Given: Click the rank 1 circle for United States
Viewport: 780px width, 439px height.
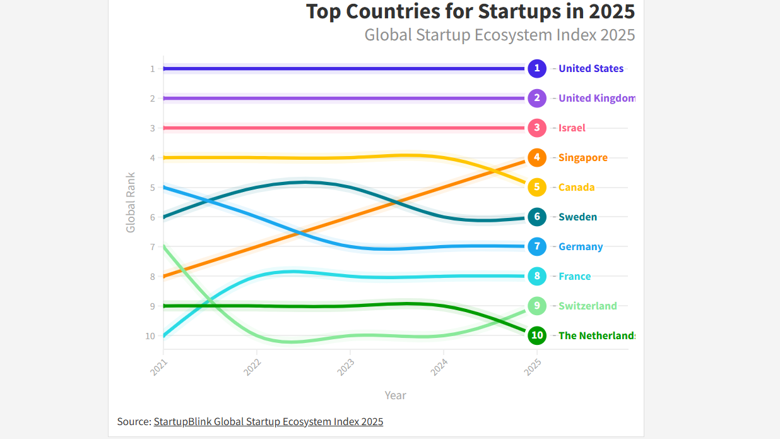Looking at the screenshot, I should tap(537, 68).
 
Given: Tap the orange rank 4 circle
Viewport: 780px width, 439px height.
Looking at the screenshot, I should tap(537, 157).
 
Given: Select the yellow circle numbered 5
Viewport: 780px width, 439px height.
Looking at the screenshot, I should tap(537, 187).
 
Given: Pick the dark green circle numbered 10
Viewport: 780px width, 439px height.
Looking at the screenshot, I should tap(537, 335).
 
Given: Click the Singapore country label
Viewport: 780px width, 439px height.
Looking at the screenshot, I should tap(583, 157).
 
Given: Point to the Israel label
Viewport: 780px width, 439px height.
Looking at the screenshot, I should tap(572, 128).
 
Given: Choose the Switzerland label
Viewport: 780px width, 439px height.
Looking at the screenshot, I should tap(588, 306).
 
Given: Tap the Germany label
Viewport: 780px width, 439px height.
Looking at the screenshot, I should tap(581, 246).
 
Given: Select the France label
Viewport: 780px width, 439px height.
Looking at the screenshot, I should tap(575, 276).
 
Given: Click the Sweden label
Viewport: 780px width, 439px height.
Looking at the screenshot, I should tap(577, 217).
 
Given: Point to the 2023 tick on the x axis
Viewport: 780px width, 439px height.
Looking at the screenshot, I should tap(346, 367).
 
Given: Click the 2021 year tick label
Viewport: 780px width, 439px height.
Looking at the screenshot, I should tap(160, 367).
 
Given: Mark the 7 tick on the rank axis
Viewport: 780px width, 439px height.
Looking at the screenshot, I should tap(152, 246).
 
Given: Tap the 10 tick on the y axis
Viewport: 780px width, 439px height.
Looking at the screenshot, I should tap(150, 335).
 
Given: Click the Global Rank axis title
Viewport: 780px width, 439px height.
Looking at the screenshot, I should tap(131, 202).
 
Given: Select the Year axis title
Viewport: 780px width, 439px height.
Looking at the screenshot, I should tap(396, 395).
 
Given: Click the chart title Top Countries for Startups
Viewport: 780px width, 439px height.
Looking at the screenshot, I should tap(470, 11).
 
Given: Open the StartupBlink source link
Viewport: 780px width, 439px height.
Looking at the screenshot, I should tap(268, 421).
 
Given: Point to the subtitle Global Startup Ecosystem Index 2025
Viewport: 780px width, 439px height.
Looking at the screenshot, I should tap(499, 34).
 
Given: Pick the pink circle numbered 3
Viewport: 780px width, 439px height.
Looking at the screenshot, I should tap(537, 128).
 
